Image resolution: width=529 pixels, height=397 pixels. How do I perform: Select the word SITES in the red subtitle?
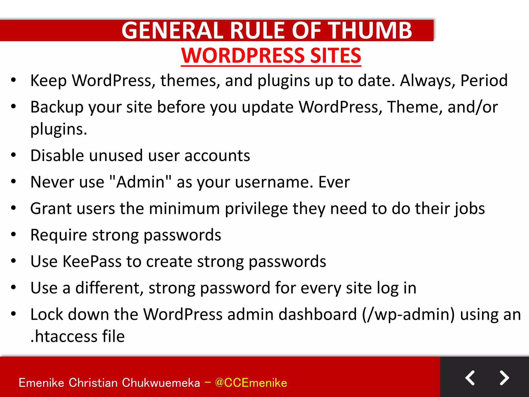pos(336,56)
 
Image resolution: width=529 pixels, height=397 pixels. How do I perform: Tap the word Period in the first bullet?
pos(484,80)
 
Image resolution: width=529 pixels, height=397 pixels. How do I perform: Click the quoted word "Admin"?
pos(140,182)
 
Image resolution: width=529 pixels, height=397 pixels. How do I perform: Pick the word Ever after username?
pos(334,182)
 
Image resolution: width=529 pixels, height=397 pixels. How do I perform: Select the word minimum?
pos(184,209)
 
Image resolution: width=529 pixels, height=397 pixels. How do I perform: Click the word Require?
pos(58,235)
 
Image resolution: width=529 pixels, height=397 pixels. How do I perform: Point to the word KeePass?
pos(92,262)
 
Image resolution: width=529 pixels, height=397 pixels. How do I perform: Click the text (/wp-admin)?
pos(408,315)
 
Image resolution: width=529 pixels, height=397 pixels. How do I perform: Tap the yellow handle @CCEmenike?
pos(251,383)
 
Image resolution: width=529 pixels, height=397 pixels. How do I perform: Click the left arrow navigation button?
pos(470,378)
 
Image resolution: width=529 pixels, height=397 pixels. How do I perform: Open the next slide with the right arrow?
pos(504,378)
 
